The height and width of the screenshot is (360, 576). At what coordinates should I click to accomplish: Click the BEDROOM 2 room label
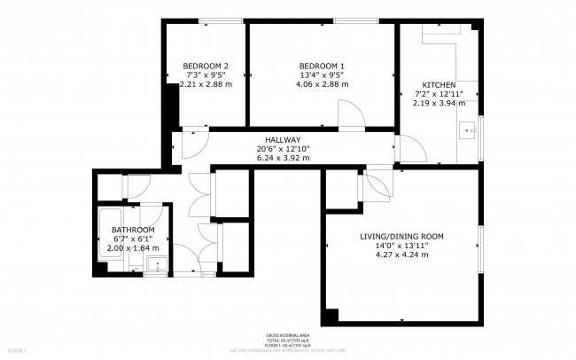click(x=206, y=67)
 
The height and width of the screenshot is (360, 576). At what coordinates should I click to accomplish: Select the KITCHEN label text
click(x=439, y=85)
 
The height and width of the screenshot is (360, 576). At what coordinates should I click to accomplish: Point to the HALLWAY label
click(x=283, y=140)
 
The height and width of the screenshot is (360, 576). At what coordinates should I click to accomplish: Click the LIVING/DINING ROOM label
click(x=401, y=237)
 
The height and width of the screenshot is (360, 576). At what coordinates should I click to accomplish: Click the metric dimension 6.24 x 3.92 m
click(x=283, y=158)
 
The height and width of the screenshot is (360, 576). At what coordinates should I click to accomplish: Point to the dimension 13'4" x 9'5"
click(x=322, y=75)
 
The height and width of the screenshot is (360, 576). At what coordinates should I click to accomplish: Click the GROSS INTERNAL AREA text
click(x=287, y=335)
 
